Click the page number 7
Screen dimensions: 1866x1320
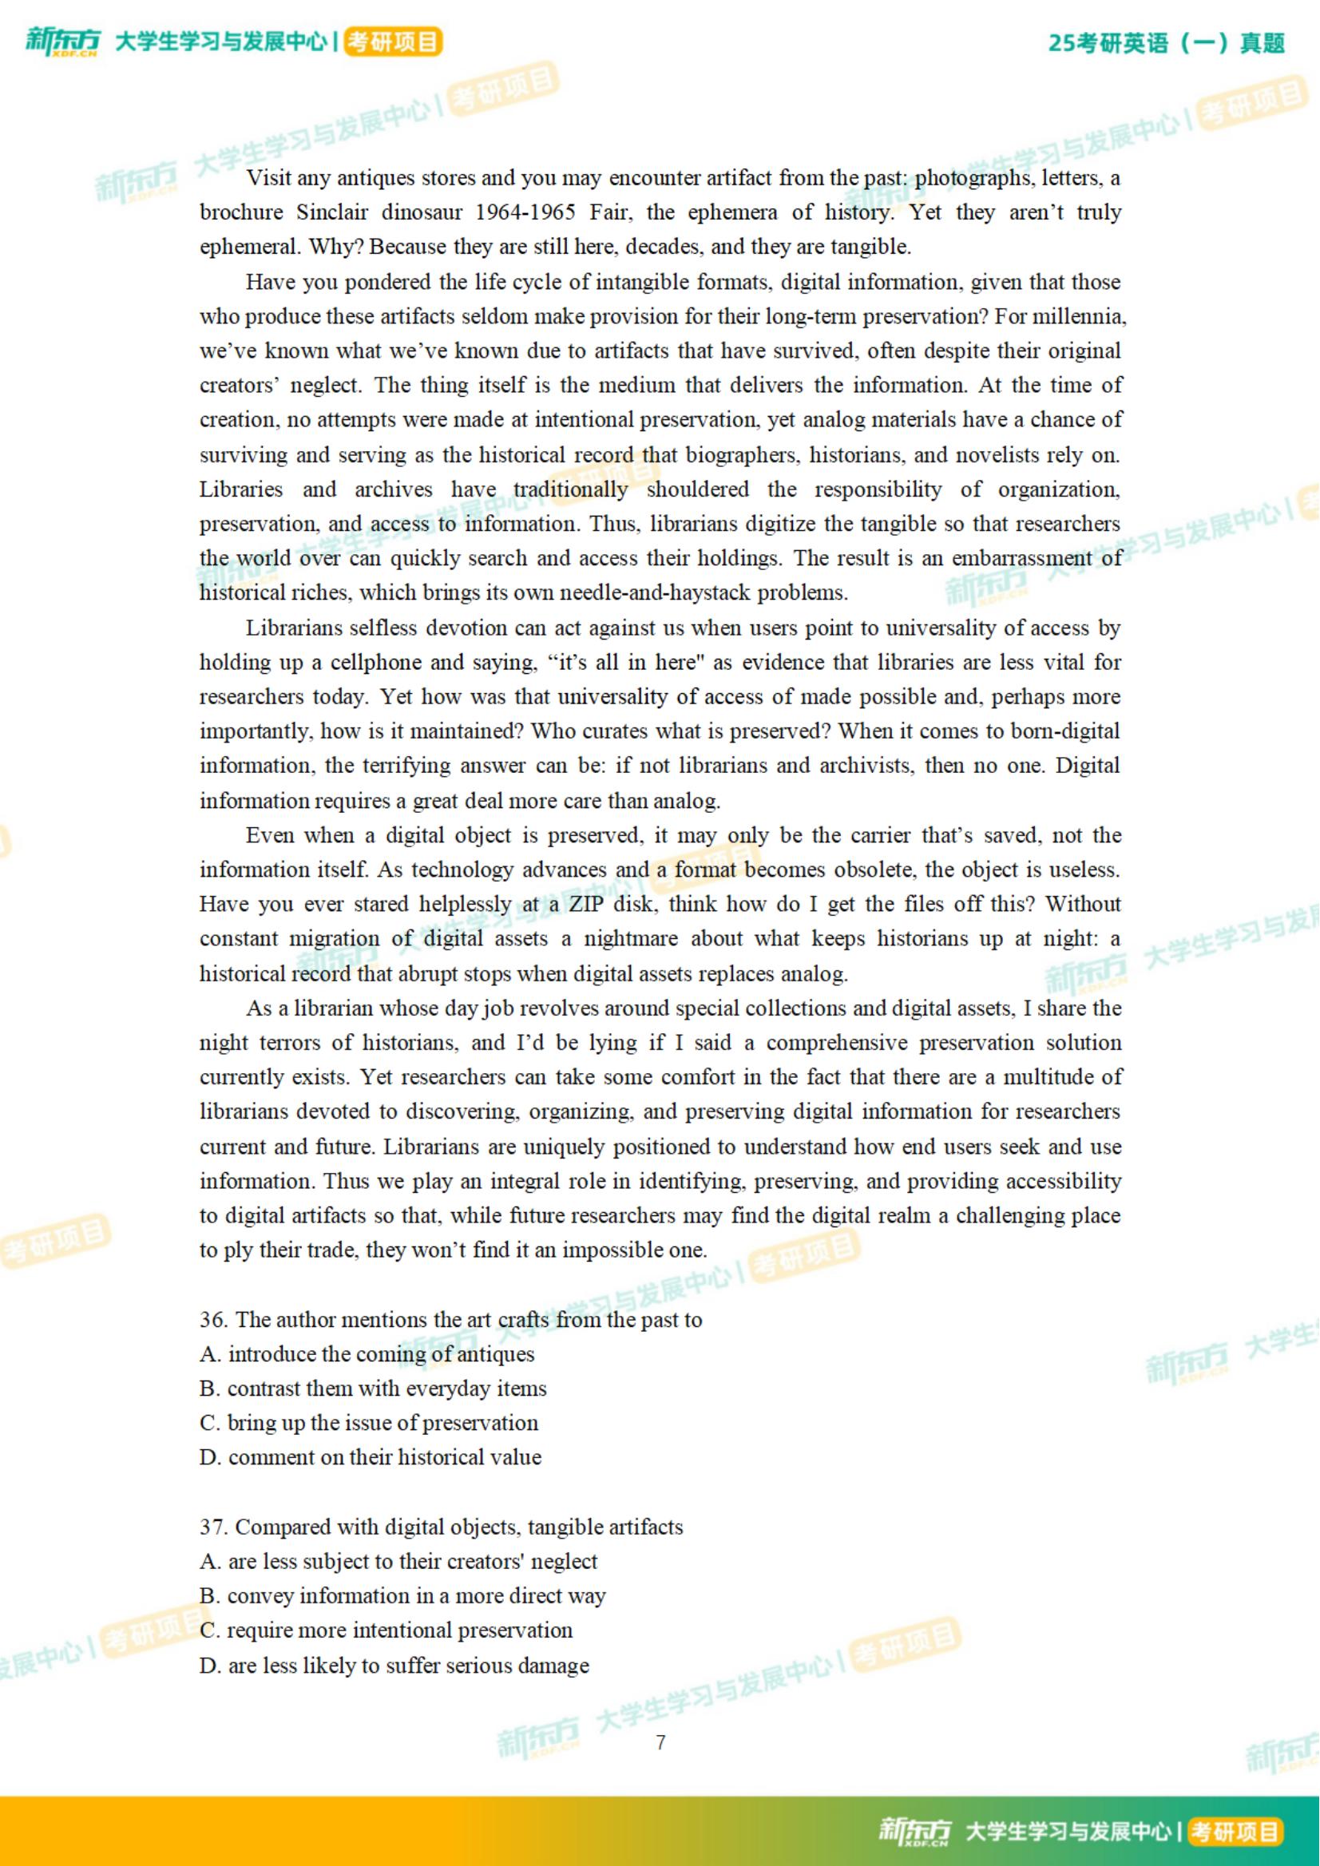[660, 1742]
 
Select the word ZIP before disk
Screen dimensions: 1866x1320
[586, 905]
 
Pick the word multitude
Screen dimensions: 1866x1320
[1048, 1077]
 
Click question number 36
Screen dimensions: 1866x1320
[214, 1320]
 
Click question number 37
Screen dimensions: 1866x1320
[214, 1527]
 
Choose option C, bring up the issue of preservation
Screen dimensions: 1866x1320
[370, 1423]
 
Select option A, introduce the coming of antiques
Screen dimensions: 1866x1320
[367, 1354]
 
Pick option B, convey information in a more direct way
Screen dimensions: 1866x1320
[403, 1596]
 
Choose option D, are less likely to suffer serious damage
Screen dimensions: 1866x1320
[394, 1666]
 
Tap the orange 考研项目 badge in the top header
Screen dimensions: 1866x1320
[394, 42]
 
